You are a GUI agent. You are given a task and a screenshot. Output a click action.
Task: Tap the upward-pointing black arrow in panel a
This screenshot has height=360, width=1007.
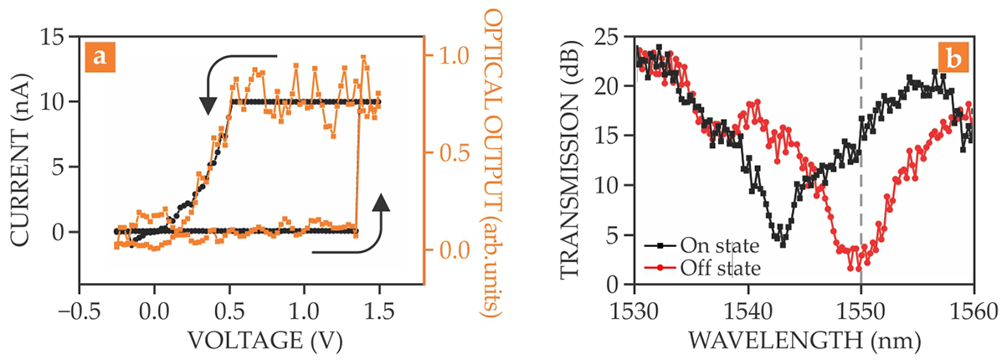tap(381, 205)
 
